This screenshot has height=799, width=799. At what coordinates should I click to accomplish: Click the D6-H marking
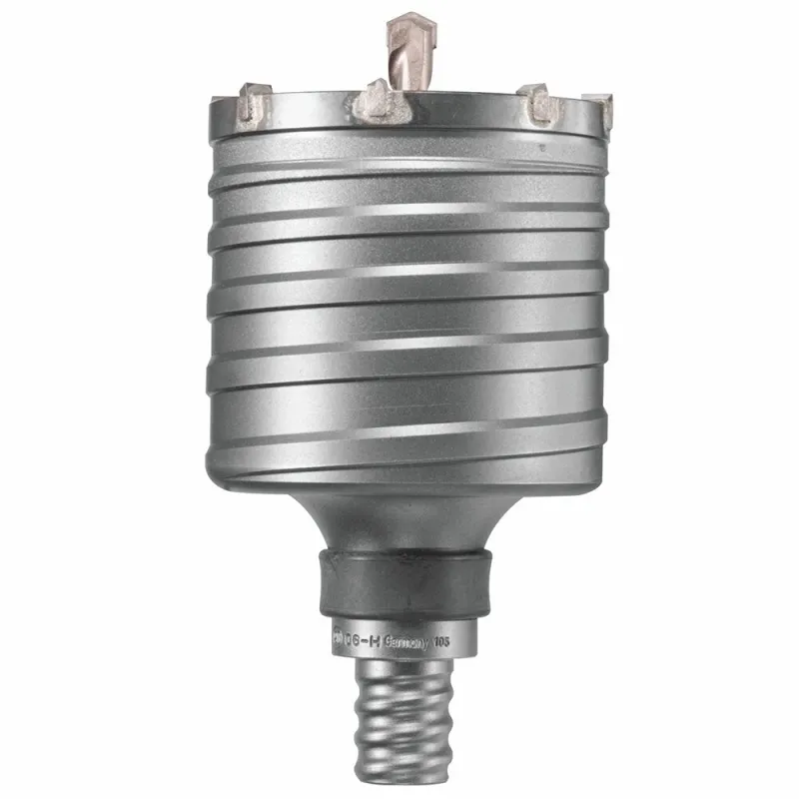(x=362, y=641)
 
